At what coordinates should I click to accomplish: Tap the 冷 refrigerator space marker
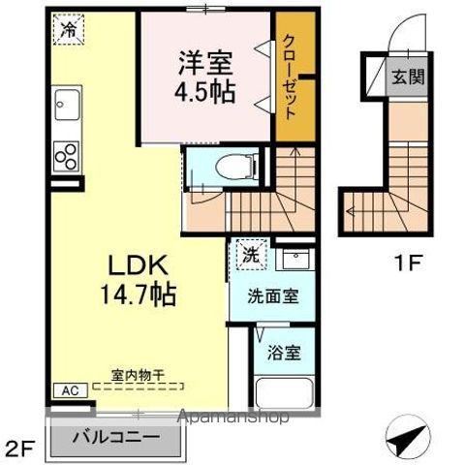(x=69, y=31)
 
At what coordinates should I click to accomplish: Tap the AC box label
(x=70, y=391)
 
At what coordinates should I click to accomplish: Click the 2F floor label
(x=22, y=448)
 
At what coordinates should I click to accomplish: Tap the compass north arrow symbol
(x=408, y=438)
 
